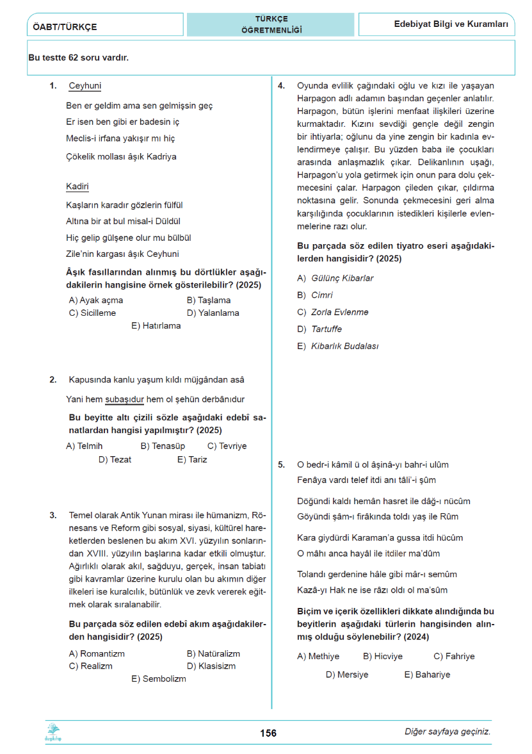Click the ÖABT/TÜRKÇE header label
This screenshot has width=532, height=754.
click(63, 27)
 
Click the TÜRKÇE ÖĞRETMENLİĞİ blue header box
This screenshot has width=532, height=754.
click(271, 24)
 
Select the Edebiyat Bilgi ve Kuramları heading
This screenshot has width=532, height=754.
click(451, 24)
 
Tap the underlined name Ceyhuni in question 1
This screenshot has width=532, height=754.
click(85, 86)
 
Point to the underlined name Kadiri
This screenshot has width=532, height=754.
click(77, 186)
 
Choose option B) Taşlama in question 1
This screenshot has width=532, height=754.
click(209, 300)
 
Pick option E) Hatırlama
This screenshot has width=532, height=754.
click(156, 325)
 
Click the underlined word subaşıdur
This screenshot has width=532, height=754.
click(124, 399)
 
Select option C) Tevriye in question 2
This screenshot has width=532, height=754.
click(227, 446)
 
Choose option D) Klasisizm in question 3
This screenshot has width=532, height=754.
click(211, 666)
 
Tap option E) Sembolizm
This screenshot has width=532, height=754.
click(159, 678)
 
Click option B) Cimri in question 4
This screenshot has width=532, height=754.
click(315, 295)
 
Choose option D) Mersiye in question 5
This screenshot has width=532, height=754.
click(347, 675)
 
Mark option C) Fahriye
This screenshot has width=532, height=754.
click(454, 656)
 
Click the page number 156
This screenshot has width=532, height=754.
click(269, 733)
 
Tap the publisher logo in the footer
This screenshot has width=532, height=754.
click(52, 732)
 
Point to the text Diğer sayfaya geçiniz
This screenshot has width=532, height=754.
click(447, 732)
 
